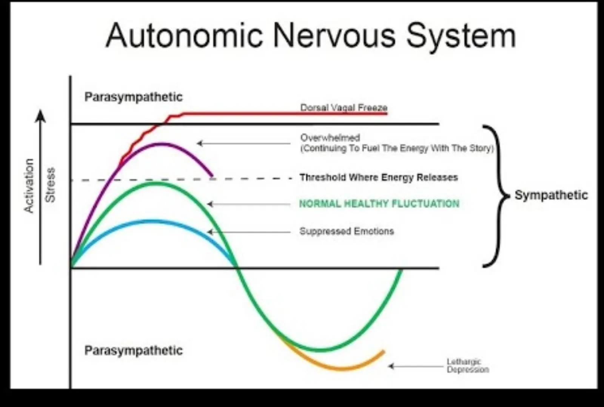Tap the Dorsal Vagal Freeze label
coord(344,108)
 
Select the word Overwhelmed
coord(330,138)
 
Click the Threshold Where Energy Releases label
coord(379,177)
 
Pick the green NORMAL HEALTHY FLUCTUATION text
coord(379,204)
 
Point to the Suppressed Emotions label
coord(347,231)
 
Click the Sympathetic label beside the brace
coord(551,195)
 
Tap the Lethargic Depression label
coord(467,365)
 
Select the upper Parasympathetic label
coord(133,97)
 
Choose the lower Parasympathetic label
coord(133,350)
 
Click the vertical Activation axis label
coord(29,186)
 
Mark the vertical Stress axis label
coord(50,185)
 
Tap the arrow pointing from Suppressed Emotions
coord(249,232)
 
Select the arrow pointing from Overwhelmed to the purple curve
coord(243,143)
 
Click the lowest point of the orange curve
coord(342,368)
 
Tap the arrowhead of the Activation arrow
coord(40,115)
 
